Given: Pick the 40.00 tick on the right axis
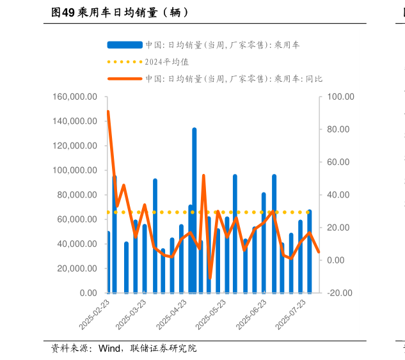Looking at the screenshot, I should pos(337,195).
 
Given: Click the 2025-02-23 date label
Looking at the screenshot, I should pos(95,314).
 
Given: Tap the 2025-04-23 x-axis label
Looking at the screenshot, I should pos(174,314).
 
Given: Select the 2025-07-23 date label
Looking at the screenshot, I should pos(292,314).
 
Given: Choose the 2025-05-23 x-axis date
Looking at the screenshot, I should pos(213,314).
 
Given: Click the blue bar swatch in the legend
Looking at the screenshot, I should pos(125,45).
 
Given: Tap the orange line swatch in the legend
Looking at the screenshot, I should pos(125,79).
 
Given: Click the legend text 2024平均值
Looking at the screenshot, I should pos(167,62).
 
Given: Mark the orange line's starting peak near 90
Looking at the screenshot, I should pos(107,112).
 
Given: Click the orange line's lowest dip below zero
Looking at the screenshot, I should pos(210,278).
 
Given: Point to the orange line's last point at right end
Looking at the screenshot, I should pos(319,252).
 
